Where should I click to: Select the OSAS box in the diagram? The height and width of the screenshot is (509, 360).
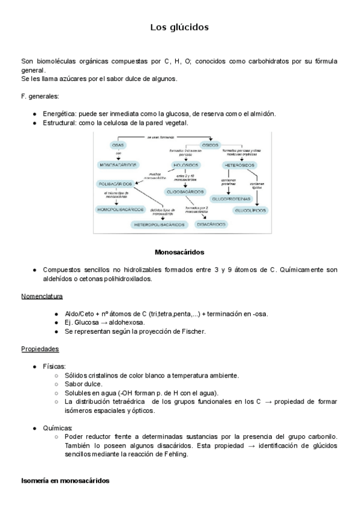pos(118,146)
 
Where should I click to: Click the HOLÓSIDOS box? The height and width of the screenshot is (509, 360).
pos(186,164)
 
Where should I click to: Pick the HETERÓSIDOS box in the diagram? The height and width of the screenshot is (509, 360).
pos(240,164)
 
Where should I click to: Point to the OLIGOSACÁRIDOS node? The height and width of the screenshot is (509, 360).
pos(187,191)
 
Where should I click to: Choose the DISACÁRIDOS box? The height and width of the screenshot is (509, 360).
pos(212,224)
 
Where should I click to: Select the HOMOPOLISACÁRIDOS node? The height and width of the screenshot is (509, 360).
pos(120,209)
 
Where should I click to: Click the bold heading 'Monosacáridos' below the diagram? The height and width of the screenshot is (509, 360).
pos(179,253)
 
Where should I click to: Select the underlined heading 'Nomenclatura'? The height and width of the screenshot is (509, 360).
pos(42,297)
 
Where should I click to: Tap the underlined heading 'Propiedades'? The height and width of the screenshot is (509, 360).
pos(40,349)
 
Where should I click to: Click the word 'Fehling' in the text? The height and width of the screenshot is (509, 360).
pos(175,454)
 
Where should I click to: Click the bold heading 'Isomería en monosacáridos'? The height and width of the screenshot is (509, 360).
pos(65,481)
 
